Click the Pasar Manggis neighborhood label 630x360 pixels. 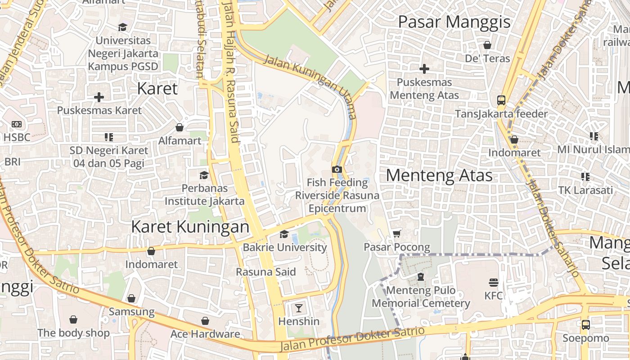[454, 22]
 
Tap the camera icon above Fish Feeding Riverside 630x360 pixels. [337, 169]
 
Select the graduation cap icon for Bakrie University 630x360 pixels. [284, 234]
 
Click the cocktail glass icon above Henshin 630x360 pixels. [298, 308]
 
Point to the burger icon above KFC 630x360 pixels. [494, 283]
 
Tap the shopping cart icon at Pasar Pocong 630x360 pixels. [396, 234]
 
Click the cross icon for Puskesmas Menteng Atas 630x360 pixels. [424, 69]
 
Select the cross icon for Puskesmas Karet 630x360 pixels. [99, 97]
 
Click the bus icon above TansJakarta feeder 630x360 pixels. [501, 100]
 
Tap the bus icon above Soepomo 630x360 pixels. [585, 324]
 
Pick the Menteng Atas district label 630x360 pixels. [439, 175]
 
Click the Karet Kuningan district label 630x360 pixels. [190, 226]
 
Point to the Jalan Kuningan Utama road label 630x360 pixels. [310, 85]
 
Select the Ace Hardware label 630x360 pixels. [205, 334]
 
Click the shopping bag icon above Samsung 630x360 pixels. [131, 298]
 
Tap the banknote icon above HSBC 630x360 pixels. [17, 124]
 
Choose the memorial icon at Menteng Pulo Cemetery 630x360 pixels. [420, 277]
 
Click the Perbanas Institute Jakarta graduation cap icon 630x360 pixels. [204, 175]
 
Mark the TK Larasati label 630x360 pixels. [585, 190]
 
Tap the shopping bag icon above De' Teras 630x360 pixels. [487, 45]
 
